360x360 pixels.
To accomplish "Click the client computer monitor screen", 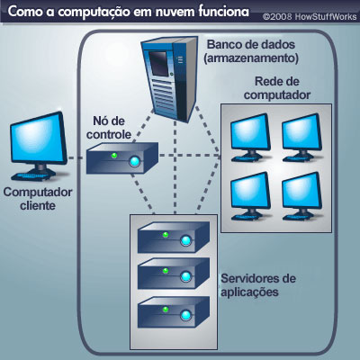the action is click(38, 139).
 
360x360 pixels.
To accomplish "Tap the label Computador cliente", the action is click(38, 199).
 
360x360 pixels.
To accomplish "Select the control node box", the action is click(122, 158).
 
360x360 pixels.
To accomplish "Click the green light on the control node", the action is click(114, 156).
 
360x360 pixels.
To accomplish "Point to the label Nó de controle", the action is click(109, 128).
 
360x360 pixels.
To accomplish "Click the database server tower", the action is click(170, 78).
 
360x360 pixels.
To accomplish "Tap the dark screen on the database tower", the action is click(158, 62).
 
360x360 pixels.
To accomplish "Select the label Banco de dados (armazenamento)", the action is click(251, 51).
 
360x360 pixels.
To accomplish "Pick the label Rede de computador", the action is click(277, 88).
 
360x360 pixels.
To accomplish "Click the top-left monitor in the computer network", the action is click(250, 138).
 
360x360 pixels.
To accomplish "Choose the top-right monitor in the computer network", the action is click(301, 138).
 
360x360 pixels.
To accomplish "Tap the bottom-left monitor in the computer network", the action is click(250, 196).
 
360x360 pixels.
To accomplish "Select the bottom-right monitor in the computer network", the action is click(301, 196).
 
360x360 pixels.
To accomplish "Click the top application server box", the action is click(174, 238).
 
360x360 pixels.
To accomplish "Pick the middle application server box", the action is click(174, 274).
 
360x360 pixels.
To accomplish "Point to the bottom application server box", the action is click(174, 312).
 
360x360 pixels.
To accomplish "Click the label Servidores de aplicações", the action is click(258, 285).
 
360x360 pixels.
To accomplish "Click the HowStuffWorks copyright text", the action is click(310, 17).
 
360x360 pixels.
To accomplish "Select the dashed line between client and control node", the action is click(77, 157).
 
